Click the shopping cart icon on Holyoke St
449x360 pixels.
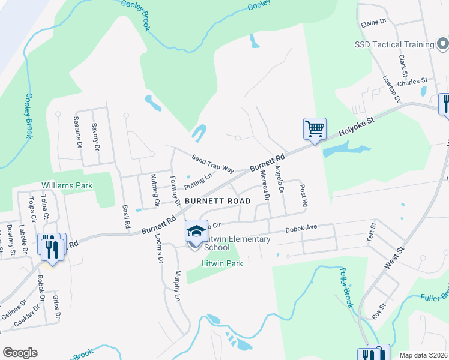[315, 128]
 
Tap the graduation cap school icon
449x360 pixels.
[196, 231]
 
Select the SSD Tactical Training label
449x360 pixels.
[394, 44]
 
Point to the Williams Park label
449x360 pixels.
[67, 185]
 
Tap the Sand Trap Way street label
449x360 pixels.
[212, 164]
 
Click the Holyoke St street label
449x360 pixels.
[356, 128]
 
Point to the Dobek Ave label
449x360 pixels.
[300, 228]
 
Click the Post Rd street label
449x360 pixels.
[303, 196]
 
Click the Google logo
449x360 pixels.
[20, 353]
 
